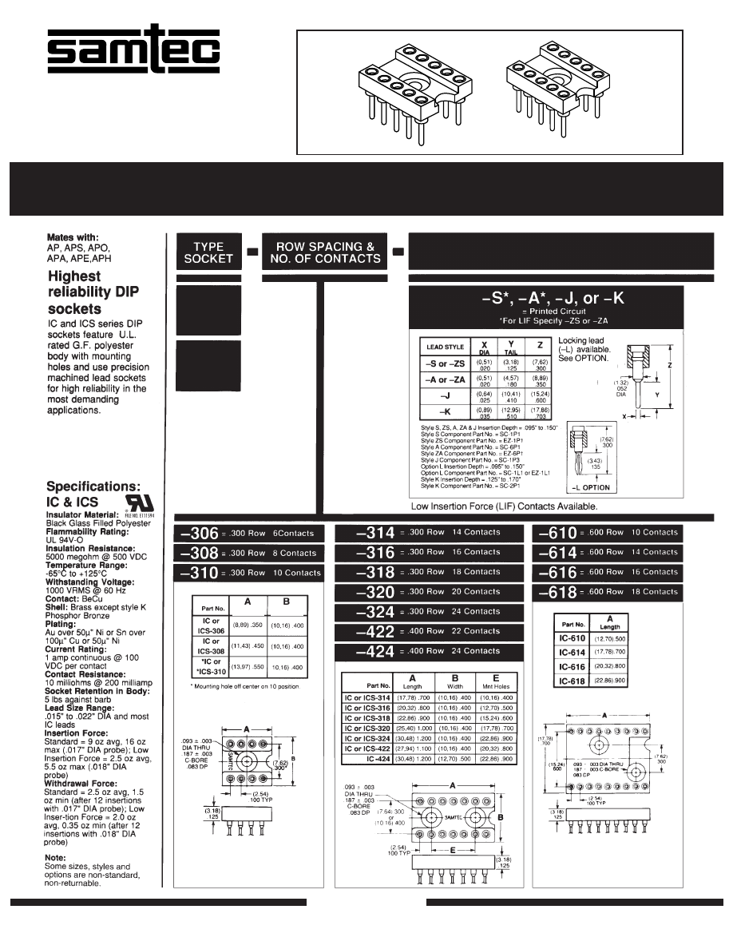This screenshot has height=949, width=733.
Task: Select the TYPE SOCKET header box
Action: coord(208,252)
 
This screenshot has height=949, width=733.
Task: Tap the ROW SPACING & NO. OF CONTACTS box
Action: coord(325,252)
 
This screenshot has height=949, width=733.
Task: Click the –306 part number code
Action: coord(200,534)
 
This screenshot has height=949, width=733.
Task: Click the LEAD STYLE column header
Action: coord(446,347)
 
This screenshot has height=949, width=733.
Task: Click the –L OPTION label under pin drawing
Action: coord(591,487)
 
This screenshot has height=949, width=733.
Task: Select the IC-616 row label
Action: coord(572,666)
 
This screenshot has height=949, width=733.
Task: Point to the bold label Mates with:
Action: coord(73,237)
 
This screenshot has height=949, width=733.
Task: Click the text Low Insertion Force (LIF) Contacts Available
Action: coord(504,506)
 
